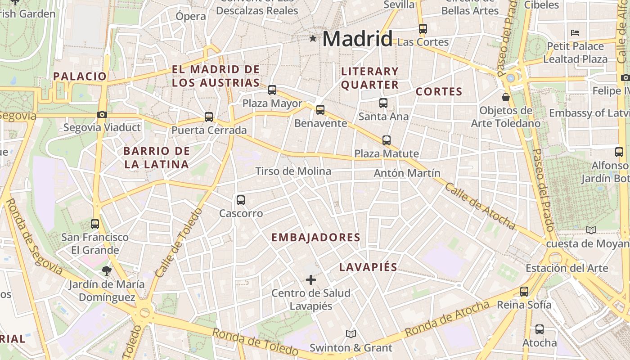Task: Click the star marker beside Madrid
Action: tap(313, 39)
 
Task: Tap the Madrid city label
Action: tap(357, 39)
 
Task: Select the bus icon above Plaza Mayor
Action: tap(272, 90)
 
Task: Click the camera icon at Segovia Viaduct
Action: tap(102, 114)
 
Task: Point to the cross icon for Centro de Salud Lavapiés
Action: tap(310, 280)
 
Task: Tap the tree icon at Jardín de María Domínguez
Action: tap(107, 270)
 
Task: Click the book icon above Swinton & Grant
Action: tap(351, 334)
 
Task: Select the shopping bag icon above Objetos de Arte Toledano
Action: tap(506, 97)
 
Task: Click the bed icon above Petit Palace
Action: tap(575, 32)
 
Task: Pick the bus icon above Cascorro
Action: tap(241, 200)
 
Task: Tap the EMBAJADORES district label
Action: tap(316, 238)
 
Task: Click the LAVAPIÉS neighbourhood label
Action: tap(368, 267)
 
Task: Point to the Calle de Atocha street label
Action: tap(480, 205)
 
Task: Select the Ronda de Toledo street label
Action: tap(255, 342)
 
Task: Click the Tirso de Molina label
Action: tap(293, 171)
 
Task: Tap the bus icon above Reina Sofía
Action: tap(524, 291)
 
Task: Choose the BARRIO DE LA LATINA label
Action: tap(157, 157)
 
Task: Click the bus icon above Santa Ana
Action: tap(383, 103)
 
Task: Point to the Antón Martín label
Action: tap(407, 173)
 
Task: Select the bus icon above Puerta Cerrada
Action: tap(209, 117)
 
